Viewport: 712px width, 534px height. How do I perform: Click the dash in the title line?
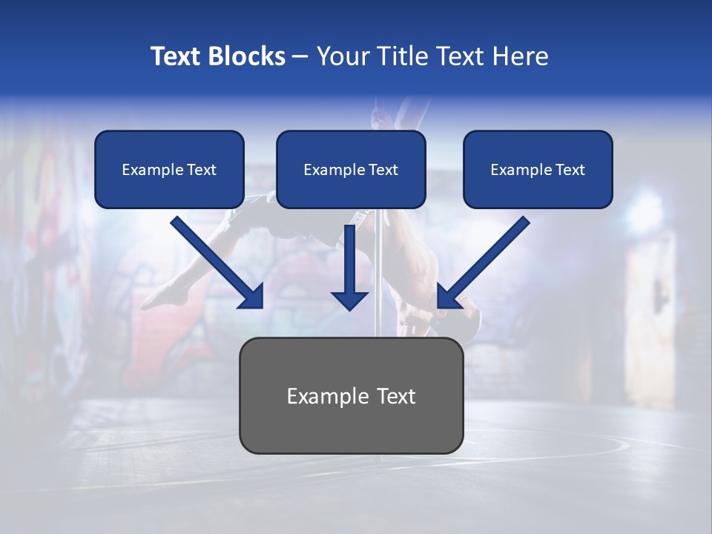[x=300, y=56]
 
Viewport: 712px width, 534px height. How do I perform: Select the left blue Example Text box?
[x=169, y=169]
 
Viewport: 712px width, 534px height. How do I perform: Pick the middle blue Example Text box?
[x=351, y=169]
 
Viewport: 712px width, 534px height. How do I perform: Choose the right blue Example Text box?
[x=538, y=169]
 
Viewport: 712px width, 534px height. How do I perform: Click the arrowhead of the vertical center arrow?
[x=349, y=300]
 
